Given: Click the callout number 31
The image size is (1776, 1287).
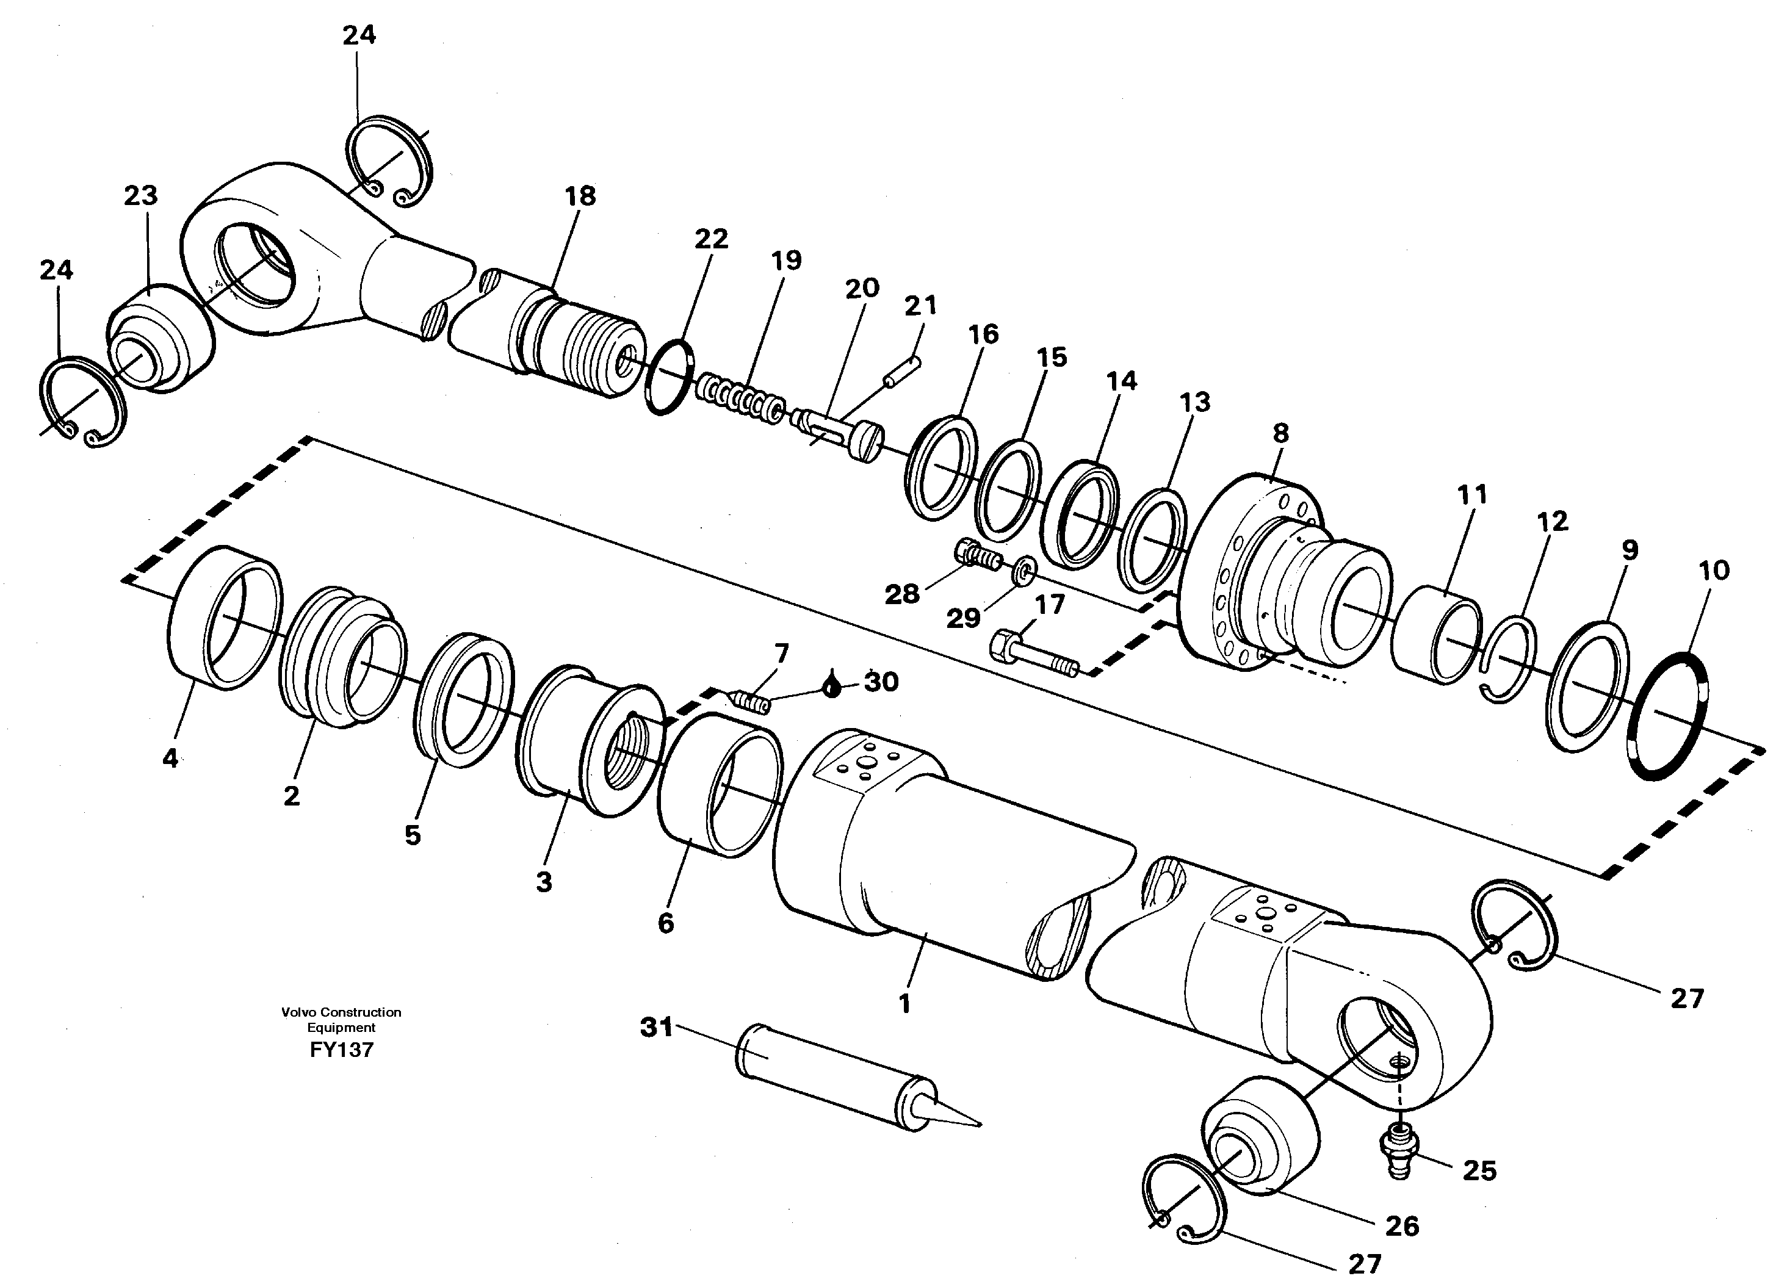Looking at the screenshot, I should coord(656,1027).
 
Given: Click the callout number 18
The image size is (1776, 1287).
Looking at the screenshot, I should coord(580,196).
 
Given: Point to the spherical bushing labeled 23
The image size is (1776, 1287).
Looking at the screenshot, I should coord(161,340).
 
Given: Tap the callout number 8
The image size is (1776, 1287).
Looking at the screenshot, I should coord(1280,433).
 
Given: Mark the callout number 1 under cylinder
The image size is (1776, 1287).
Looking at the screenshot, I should coord(904,1004).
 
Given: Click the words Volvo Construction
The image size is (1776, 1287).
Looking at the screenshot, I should coord(341,1012).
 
